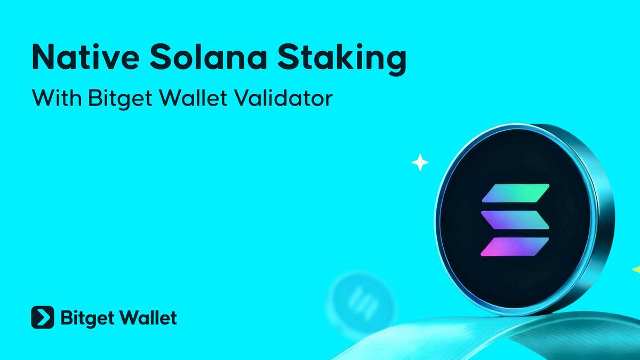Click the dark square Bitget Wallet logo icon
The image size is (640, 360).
tap(43, 318)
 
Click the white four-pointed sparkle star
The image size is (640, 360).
tap(420, 163)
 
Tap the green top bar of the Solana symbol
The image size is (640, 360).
tap(515, 193)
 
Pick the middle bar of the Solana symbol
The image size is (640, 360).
tap(515, 219)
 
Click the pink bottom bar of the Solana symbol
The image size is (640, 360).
tap(515, 245)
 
